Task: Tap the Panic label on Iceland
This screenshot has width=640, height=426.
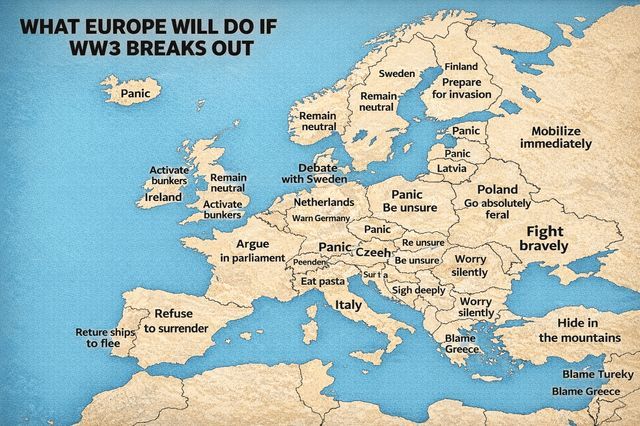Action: click(x=134, y=94)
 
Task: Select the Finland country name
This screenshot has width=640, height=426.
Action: click(x=460, y=66)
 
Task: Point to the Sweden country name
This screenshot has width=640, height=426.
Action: click(x=397, y=74)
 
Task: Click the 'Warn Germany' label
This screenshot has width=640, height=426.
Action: click(x=320, y=218)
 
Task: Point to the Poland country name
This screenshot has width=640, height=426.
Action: click(x=497, y=189)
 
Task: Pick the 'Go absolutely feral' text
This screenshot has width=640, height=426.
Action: click(x=497, y=208)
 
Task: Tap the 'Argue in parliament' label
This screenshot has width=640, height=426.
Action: click(x=252, y=250)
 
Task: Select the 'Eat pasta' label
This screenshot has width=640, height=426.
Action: click(x=323, y=282)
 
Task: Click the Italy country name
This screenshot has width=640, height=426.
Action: click(x=349, y=304)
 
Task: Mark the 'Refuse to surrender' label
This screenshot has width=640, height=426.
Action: click(x=175, y=321)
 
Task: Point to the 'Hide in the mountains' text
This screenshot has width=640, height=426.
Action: click(x=578, y=330)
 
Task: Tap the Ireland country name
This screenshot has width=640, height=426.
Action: click(x=163, y=197)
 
